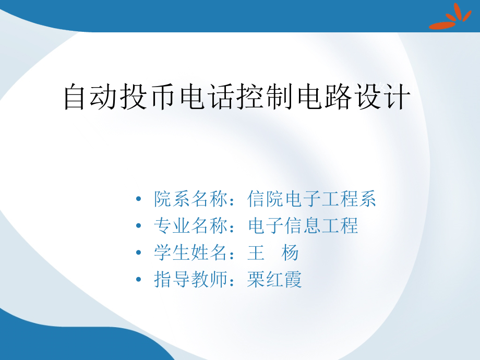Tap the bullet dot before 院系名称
[x=138, y=199]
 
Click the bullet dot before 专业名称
[x=138, y=226]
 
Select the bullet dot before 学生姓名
[x=138, y=253]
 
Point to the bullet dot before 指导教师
[x=138, y=280]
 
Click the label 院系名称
[x=192, y=199]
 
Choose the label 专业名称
[x=192, y=226]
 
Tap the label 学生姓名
[x=192, y=253]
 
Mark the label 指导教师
[x=192, y=280]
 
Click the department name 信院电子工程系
[x=312, y=199]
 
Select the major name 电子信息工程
[x=303, y=226]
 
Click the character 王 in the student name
[x=256, y=253]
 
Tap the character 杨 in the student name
[x=290, y=253]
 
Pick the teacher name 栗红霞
[x=275, y=280]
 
